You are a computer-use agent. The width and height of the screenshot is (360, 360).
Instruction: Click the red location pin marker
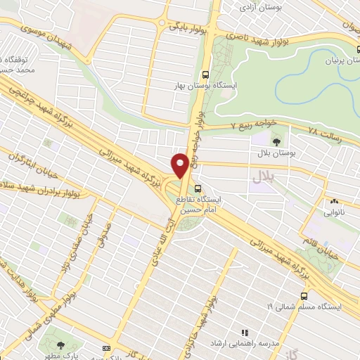point(180,165)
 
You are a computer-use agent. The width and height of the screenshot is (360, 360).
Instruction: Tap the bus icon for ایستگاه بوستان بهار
point(205,75)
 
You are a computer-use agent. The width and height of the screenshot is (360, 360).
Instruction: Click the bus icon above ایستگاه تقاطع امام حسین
point(198,188)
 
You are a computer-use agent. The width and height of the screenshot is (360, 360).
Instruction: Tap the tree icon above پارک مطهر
point(63,345)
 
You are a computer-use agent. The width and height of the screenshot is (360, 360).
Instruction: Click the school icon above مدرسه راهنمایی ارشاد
point(245,333)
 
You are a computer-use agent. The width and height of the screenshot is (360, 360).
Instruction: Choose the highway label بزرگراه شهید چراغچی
point(44,105)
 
